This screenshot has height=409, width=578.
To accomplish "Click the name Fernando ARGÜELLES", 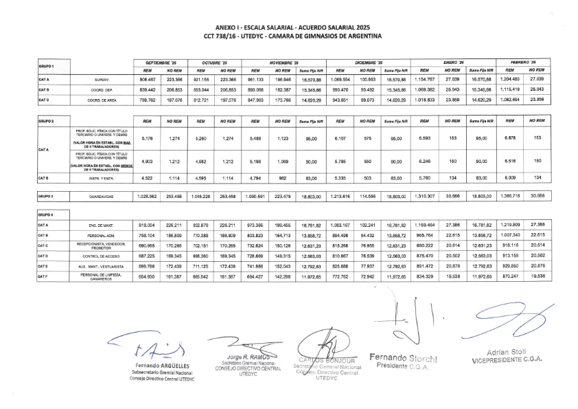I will point(163,365).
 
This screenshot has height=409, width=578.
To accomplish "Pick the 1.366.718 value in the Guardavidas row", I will point(507,196).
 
